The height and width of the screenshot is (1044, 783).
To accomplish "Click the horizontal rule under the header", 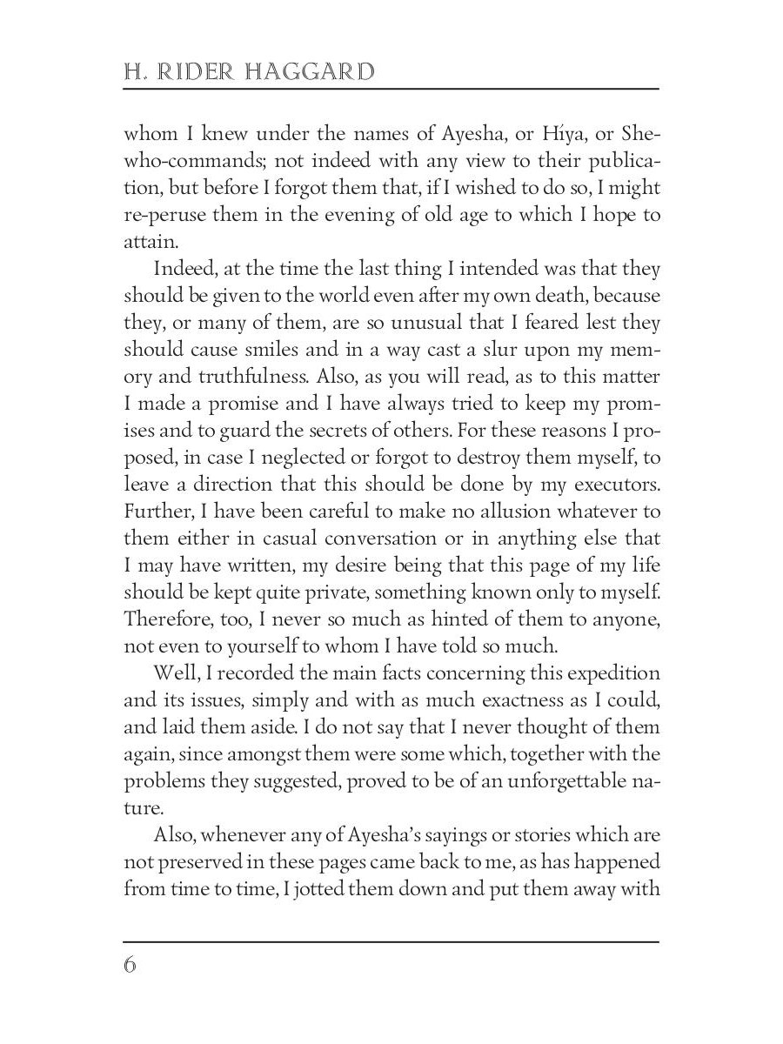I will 391,89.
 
